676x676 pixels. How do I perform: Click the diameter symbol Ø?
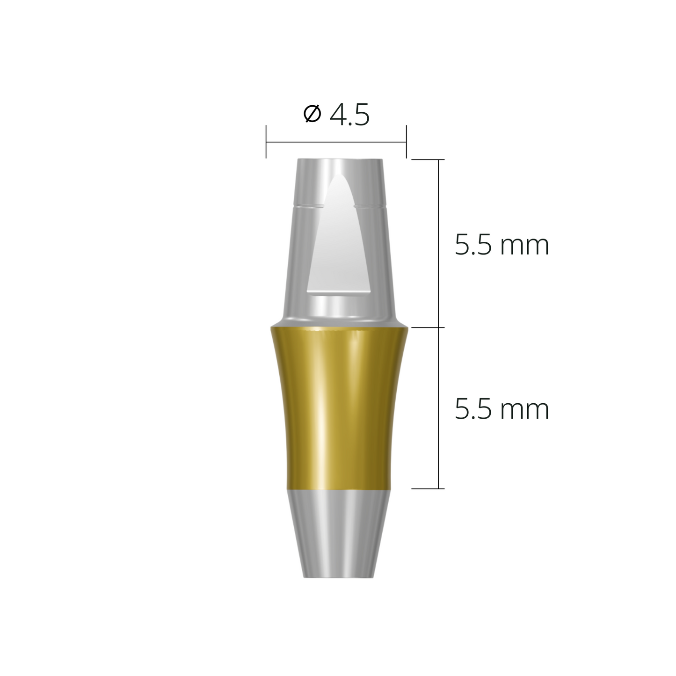312,115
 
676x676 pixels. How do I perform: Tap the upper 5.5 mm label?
502,245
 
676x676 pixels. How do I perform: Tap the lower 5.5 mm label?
502,409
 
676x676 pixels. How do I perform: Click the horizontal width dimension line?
336,142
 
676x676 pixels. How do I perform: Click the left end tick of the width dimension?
266,142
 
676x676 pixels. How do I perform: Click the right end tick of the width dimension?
406,142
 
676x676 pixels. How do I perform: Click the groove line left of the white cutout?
309,205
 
